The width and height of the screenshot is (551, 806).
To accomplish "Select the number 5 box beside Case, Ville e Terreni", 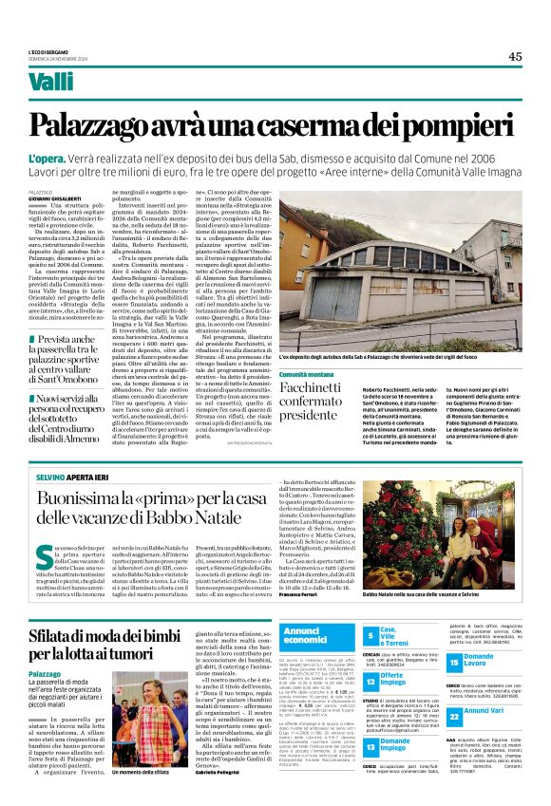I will pyautogui.click(x=370, y=635).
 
